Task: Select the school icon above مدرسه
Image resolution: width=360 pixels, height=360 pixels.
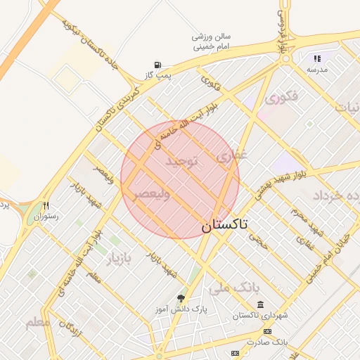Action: tap(317, 59)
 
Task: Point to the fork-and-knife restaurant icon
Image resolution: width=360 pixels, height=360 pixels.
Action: tap(46, 206)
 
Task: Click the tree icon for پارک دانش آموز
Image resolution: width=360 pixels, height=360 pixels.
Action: tap(181, 298)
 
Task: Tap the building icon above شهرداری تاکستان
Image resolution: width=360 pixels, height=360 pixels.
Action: tap(261, 304)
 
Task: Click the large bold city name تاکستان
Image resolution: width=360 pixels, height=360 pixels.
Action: tap(224, 225)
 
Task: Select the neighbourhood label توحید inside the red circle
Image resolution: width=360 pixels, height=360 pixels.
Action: tap(182, 162)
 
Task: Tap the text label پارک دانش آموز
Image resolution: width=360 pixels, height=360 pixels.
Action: tap(181, 309)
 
